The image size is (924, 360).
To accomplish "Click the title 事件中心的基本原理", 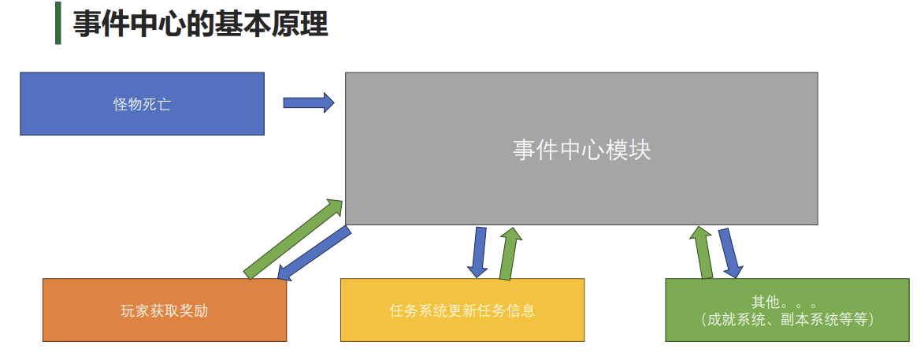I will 200,24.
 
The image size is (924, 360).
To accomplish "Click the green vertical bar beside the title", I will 58,24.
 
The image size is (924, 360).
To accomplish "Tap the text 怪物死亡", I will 142,104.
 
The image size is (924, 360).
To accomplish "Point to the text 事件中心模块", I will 581,150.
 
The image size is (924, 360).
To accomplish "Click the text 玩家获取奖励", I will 165,310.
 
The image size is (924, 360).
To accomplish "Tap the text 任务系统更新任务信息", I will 462,310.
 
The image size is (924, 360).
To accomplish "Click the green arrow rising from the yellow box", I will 509,254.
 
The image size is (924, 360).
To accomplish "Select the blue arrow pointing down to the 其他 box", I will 729,253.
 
